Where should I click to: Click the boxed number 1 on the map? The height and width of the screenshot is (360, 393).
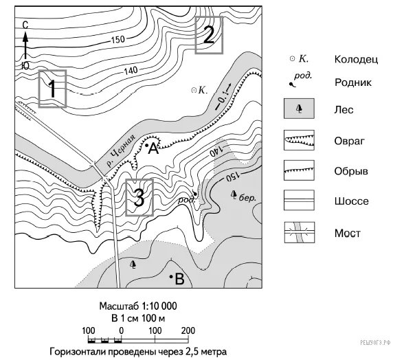click(52, 89)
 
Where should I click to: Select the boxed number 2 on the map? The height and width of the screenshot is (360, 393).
click(209, 35)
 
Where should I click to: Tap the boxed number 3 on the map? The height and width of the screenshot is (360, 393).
click(139, 197)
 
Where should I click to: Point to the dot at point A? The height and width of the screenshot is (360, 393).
click(147, 145)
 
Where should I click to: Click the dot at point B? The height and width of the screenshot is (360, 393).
click(171, 277)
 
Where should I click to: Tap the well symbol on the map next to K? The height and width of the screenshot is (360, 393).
click(194, 90)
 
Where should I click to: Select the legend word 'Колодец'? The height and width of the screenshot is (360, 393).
click(356, 59)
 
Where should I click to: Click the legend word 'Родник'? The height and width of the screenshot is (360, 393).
click(353, 82)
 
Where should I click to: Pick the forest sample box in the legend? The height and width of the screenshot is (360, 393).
click(299, 109)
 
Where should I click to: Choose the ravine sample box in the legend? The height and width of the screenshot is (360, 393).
click(299, 140)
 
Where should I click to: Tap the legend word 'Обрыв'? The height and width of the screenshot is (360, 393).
click(351, 171)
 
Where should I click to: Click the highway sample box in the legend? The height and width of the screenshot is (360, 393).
click(299, 201)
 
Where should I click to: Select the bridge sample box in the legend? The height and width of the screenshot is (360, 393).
click(300, 232)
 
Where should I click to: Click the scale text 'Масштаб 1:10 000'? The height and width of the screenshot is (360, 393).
click(138, 306)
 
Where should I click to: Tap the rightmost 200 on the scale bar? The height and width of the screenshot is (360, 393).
click(188, 330)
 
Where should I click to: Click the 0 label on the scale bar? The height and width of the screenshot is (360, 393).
click(122, 330)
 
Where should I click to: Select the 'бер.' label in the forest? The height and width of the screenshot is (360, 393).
click(247, 198)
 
